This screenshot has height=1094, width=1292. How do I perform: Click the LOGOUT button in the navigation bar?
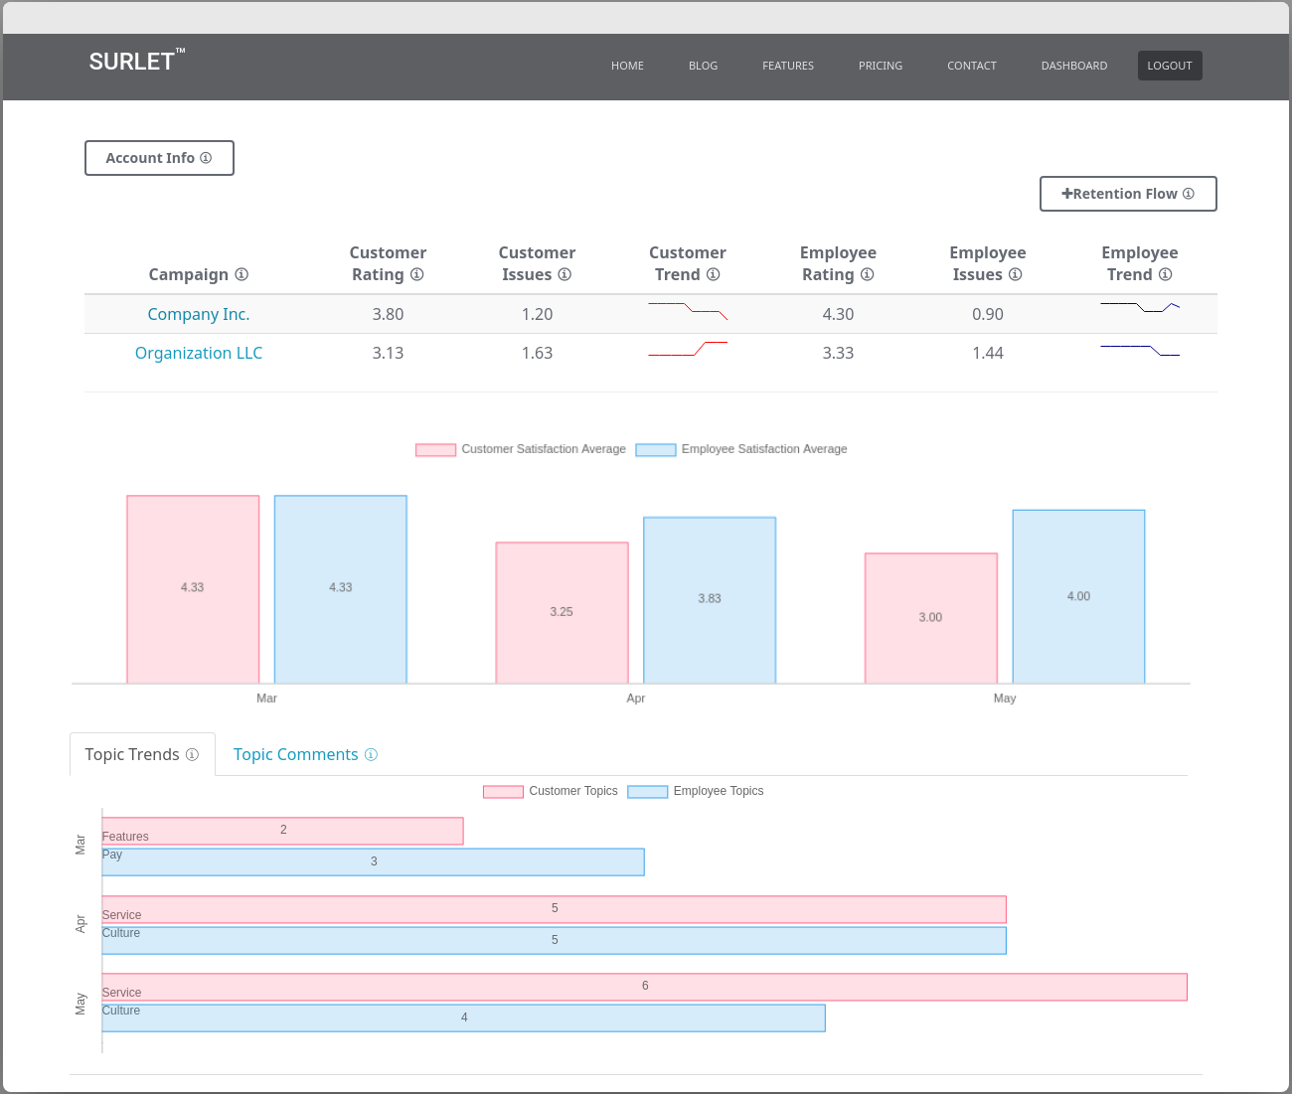pos(1169,66)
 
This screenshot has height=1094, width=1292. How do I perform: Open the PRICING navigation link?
pos(881,66)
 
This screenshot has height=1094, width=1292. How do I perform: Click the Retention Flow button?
pos(1128,194)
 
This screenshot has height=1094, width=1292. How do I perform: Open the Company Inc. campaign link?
pos(199,314)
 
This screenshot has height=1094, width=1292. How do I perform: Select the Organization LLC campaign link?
pos(199,353)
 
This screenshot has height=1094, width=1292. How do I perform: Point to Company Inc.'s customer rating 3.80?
pos(388,314)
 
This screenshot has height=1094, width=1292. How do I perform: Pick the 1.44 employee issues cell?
pos(987,353)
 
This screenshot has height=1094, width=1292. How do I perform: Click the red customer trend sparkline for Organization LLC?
pos(688,349)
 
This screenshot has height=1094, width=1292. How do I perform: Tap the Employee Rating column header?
pos(838,263)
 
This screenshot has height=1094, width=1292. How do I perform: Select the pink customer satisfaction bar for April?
pos(563,612)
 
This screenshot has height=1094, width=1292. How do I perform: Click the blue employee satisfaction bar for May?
pos(1078,596)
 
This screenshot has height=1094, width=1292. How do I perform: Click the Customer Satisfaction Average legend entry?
pos(522,449)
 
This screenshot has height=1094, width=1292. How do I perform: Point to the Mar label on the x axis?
pos(266,699)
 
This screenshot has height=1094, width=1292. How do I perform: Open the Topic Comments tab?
pos(296,755)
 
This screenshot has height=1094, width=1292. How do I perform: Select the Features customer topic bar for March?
pos(283,831)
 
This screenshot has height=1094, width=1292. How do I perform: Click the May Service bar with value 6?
pos(644,987)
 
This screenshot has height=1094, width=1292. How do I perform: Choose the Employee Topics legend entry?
pos(697,791)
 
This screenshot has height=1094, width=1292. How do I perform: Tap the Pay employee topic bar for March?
pos(374,861)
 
